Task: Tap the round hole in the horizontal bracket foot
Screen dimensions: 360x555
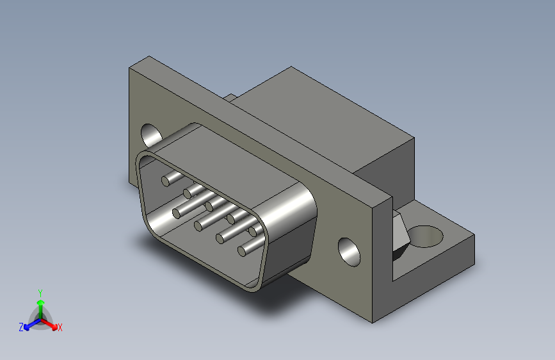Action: (425, 236)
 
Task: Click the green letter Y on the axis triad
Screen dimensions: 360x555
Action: (40, 291)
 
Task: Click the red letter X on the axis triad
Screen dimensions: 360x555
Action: (60, 327)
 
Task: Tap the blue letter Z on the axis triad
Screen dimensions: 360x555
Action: (21, 327)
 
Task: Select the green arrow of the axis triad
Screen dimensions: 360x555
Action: (40, 304)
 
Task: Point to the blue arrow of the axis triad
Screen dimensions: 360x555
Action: (29, 323)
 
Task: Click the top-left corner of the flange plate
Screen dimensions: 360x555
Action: (131, 67)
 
